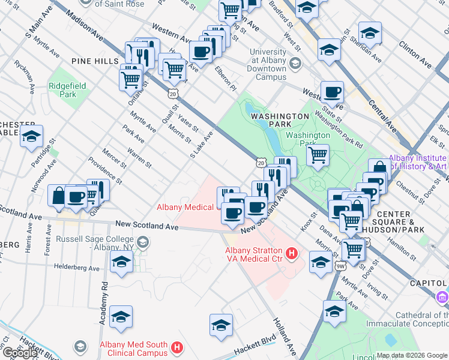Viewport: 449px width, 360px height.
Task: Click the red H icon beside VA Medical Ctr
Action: tap(292, 254)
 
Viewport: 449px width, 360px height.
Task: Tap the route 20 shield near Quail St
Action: tap(173, 94)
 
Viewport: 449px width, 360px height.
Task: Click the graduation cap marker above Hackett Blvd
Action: tap(221, 324)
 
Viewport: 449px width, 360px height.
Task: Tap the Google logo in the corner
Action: tap(20, 353)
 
